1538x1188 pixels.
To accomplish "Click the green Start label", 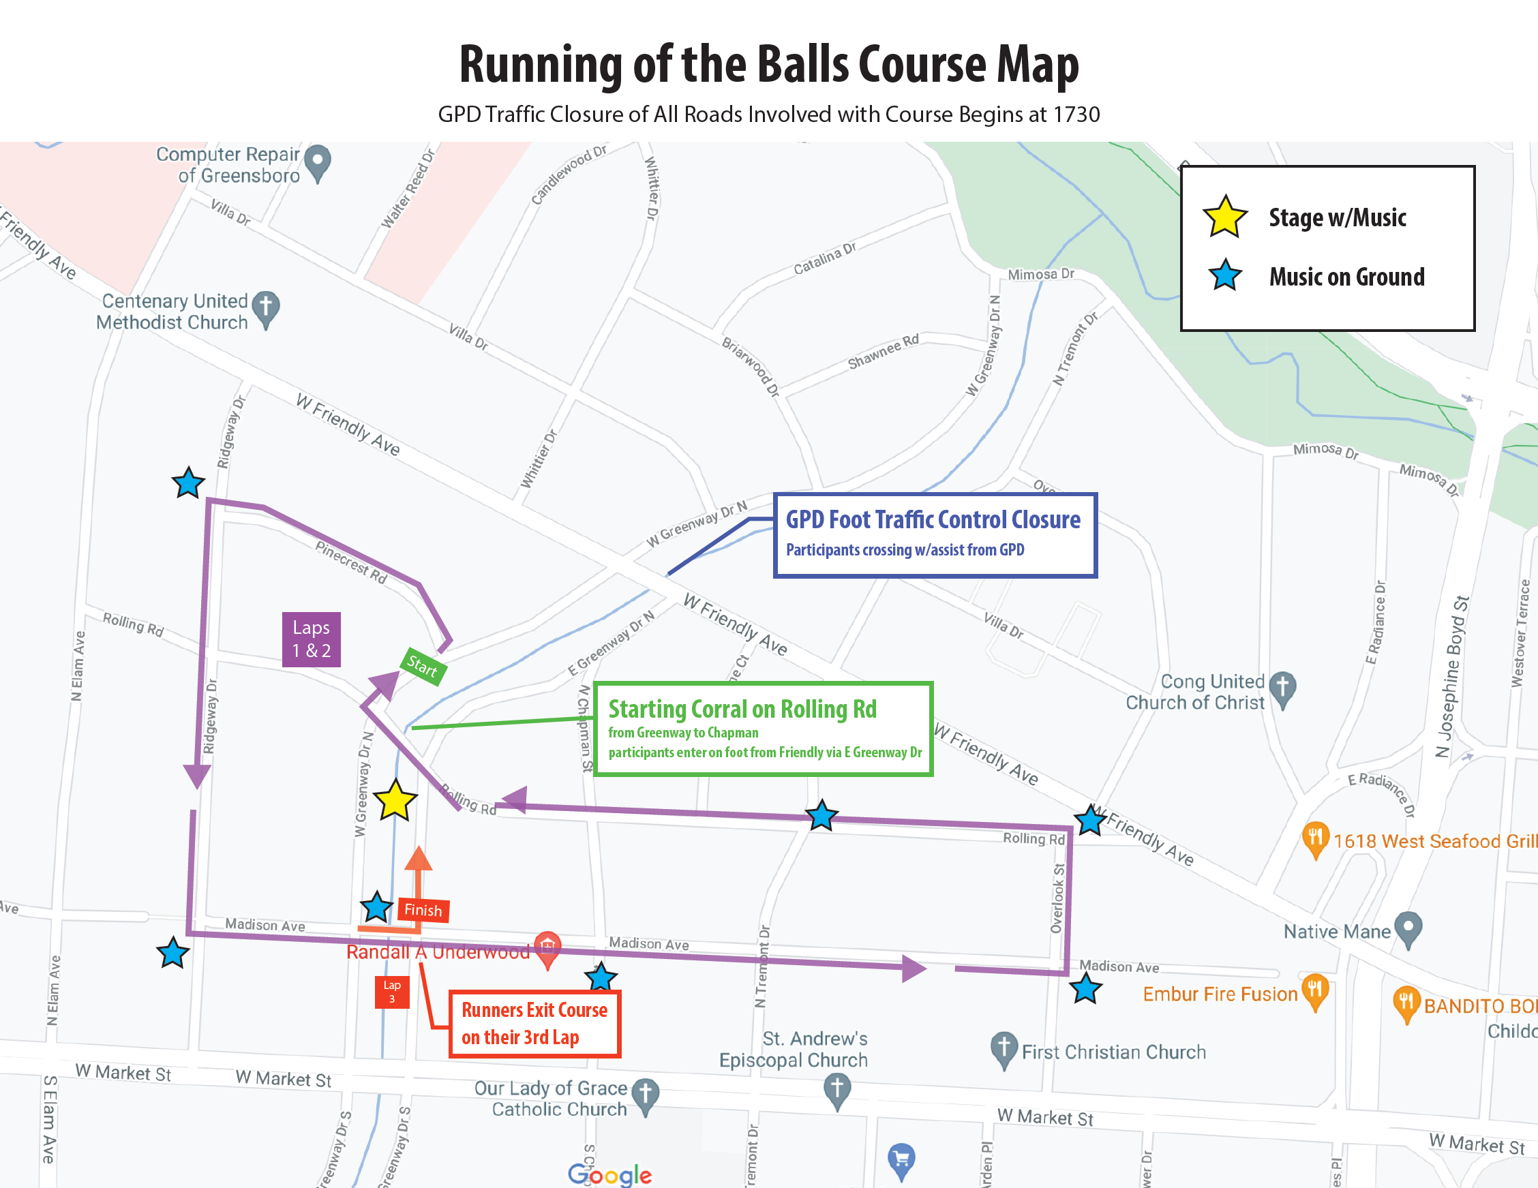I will click(x=423, y=665).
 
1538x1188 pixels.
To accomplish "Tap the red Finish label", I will click(x=423, y=910).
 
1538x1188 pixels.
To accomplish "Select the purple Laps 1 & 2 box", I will click(x=312, y=639).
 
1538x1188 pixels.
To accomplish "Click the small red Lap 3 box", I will click(x=392, y=992).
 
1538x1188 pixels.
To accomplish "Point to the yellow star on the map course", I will click(x=395, y=801).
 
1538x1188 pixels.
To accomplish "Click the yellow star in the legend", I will click(x=1225, y=217).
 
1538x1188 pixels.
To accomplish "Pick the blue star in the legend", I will click(x=1225, y=275).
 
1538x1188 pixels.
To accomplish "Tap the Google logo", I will click(x=610, y=1174).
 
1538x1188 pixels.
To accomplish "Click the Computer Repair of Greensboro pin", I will click(x=318, y=162).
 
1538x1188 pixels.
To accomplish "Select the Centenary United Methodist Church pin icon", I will click(x=266, y=309).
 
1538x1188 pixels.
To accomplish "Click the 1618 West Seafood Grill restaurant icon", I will click(x=1315, y=839).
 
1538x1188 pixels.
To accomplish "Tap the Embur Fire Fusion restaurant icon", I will click(x=1315, y=991).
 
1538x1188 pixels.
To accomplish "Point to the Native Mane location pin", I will click(x=1408, y=929).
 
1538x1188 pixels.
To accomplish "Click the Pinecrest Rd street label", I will click(x=350, y=562).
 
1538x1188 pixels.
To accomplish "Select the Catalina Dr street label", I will click(x=825, y=258).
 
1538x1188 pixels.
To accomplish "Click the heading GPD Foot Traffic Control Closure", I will click(x=933, y=519).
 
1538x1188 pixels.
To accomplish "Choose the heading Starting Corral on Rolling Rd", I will click(x=742, y=709).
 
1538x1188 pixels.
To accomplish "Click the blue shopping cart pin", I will click(x=901, y=1159).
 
